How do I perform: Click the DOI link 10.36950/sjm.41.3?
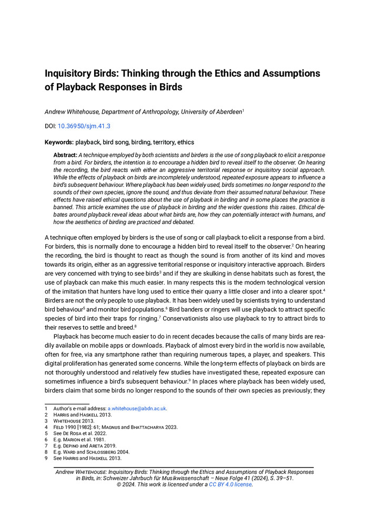tap(84, 126)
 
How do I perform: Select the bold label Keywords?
tap(59, 142)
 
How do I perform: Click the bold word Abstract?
tap(65, 155)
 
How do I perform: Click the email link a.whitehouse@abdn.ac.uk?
tap(137, 408)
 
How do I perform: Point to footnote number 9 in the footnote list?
tap(46, 458)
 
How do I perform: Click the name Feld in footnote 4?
tap(58, 427)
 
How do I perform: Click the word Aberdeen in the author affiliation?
tap(225, 112)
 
